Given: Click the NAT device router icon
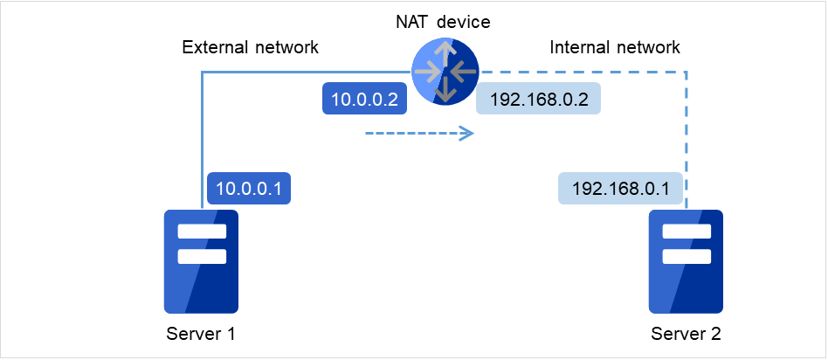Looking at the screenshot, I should [445, 73].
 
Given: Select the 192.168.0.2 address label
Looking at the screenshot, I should [538, 100].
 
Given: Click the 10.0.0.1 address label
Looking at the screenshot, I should [249, 187].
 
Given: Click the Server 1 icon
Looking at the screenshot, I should [201, 261].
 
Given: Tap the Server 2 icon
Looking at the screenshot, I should [686, 261].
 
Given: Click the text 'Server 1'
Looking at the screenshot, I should [200, 334].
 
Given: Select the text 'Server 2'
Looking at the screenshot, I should [686, 334].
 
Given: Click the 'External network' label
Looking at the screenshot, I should [250, 47].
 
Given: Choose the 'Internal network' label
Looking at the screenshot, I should [614, 47].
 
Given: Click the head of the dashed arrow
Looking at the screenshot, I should [469, 134].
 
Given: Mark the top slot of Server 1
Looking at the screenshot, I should [202, 232].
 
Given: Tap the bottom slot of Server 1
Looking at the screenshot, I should [202, 256].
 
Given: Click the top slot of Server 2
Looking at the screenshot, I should [687, 232].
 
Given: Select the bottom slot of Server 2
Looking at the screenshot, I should [687, 256].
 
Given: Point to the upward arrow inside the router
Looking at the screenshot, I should [445, 55].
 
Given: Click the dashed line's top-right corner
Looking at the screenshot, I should [686, 73].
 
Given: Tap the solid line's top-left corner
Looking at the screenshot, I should [203, 73].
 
